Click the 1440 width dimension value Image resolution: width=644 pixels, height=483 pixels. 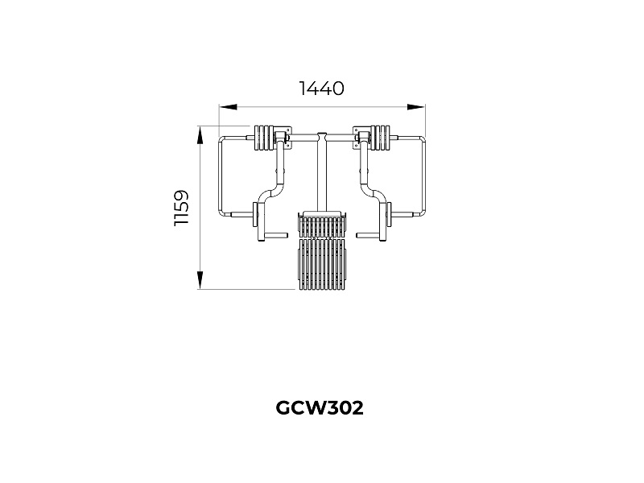(x=322, y=89)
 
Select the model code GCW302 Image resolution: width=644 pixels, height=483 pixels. (x=320, y=408)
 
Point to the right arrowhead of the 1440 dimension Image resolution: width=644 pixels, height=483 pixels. (x=416, y=105)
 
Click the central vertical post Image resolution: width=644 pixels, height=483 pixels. (x=322, y=173)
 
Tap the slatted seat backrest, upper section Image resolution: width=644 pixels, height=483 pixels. (x=323, y=223)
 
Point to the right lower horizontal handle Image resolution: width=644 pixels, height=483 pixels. (x=368, y=236)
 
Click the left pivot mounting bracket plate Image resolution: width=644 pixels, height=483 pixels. (x=283, y=138)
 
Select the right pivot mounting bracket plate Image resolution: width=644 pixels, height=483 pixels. (x=361, y=138)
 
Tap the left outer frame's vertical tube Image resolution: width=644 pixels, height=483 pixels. (x=221, y=177)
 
